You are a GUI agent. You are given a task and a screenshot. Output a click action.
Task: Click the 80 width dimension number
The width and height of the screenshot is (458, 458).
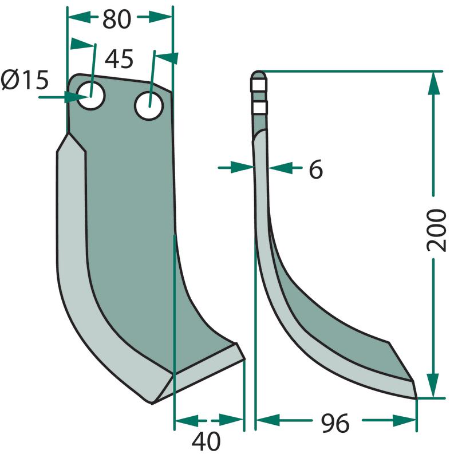pos(116,19)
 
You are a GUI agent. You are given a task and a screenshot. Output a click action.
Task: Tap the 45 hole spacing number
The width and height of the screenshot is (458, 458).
pos(119,58)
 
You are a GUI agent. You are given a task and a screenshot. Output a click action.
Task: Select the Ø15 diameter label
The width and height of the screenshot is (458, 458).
pos(25,80)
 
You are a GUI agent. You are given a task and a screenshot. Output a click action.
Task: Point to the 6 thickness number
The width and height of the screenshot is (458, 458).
pos(316,169)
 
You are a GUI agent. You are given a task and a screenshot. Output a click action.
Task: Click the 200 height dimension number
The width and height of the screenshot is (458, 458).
pos(437,230)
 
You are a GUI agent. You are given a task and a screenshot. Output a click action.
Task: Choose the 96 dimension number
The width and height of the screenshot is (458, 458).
pos(335,423)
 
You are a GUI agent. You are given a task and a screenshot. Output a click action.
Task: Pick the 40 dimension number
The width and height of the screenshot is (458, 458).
pos(206,441)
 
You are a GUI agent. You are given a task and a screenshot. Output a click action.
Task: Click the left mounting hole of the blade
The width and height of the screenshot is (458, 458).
pos(91,96)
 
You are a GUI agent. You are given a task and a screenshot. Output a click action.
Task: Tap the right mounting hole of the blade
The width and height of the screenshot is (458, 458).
pos(149,105)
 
